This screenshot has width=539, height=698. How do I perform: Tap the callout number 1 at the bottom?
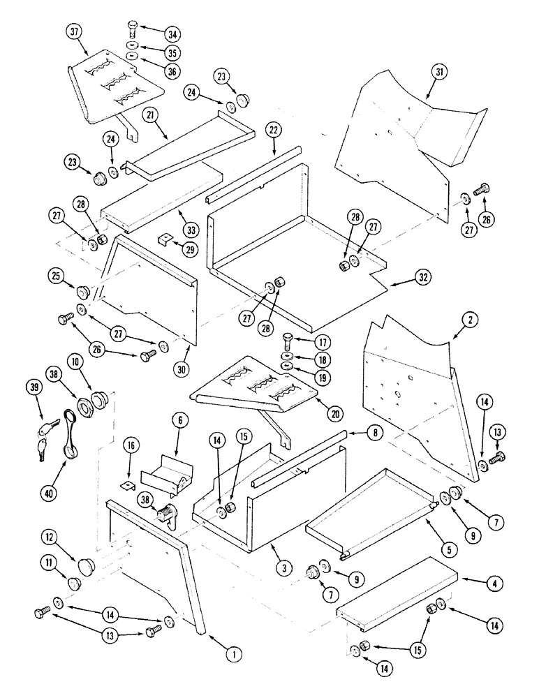point(234,654)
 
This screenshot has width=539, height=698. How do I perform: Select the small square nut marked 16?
point(127,483)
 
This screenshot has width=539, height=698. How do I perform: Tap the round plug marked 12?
point(87,563)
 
